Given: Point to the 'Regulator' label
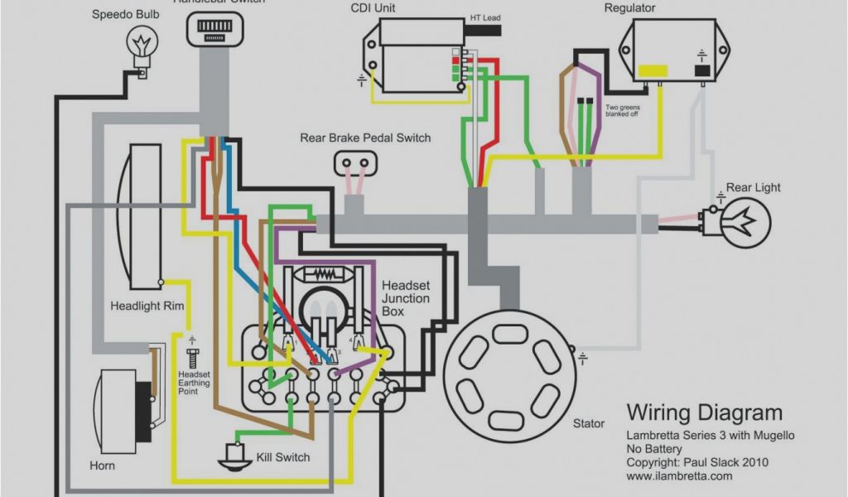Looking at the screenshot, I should [x=629, y=8].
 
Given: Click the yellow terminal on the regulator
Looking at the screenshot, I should [x=653, y=70].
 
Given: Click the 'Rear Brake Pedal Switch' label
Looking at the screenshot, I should [x=365, y=138].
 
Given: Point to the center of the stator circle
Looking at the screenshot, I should [x=507, y=370].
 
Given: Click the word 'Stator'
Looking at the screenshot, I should [x=589, y=423].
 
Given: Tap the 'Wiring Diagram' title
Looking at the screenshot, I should [x=704, y=413].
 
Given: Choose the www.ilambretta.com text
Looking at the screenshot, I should [x=679, y=476].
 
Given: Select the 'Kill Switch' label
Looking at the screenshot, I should [x=282, y=457].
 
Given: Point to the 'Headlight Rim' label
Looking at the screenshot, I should [x=147, y=306].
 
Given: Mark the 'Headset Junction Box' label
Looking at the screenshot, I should [x=405, y=298].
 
